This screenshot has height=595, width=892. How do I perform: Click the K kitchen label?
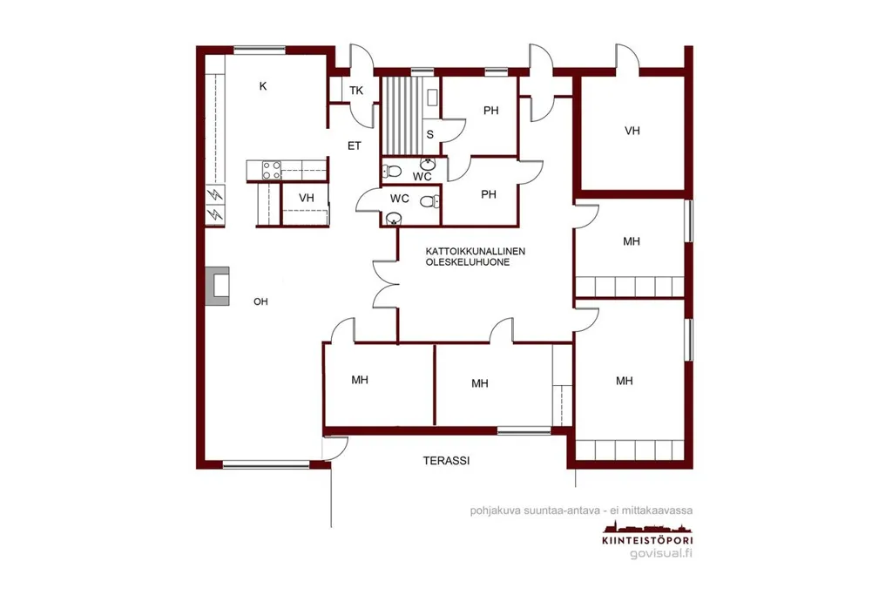pos(263,86)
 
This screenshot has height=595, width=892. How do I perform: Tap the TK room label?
pos(356,91)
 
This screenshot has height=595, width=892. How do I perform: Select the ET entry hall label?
pos(355,146)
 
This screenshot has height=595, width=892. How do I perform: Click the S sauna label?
pos(430,134)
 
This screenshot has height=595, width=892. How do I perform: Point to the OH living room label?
pos(260,301)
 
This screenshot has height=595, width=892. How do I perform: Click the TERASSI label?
pos(447,461)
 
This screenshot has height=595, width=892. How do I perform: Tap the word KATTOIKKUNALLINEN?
pos(476,251)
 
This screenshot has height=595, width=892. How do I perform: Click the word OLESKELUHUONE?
pos(468,262)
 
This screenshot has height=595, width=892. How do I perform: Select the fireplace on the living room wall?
pos(218,286)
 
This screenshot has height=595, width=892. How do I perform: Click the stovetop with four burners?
pos(272,170)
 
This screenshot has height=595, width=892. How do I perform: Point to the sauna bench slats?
pos(402,116)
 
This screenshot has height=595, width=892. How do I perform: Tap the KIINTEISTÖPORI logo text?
pos(647,540)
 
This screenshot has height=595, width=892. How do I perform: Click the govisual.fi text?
pos(661,553)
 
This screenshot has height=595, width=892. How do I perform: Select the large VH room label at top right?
pos(632,131)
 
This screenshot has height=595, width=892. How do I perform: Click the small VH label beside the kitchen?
pos(307,198)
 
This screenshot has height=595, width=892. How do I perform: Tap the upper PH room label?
pos(491,111)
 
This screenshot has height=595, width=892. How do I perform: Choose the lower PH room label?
pos(489,194)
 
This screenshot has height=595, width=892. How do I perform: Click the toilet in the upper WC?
pos(392,171)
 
